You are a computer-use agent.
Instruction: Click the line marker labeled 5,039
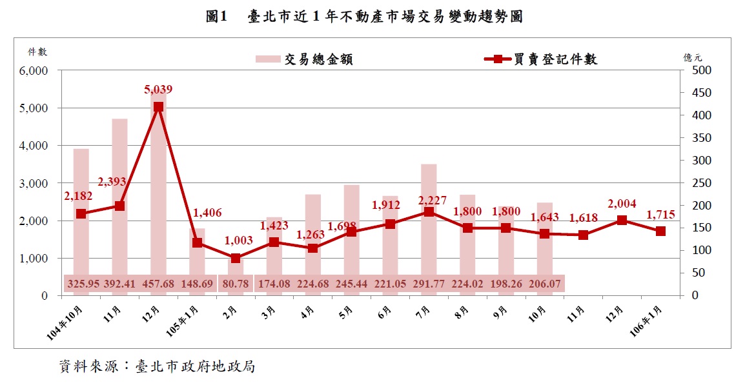(158, 108)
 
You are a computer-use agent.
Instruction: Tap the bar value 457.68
(158, 283)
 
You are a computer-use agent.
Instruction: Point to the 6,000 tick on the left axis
(36, 71)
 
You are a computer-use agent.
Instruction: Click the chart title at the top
(364, 17)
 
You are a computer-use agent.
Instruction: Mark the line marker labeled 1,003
(236, 258)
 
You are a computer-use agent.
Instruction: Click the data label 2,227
(432, 201)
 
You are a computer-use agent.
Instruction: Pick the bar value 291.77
(429, 283)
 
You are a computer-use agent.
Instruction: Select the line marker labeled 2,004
(622, 220)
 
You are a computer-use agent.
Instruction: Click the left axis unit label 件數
(37, 52)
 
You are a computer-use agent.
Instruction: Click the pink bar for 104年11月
(119, 206)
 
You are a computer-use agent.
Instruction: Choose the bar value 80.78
(236, 283)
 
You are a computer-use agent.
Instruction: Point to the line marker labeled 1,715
(660, 231)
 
